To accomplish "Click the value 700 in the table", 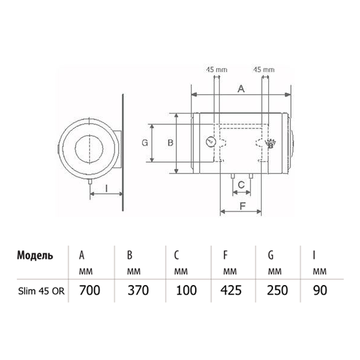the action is (90, 290).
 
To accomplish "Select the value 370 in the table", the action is (138, 290).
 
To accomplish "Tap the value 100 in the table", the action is (186, 290).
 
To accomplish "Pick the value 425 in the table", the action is (231, 290).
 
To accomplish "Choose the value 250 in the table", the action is (277, 290).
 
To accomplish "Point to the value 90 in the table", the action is (320, 290).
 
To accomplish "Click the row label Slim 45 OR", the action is (41, 291).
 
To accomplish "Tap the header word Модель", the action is (35, 256).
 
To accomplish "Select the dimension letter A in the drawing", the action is (241, 89).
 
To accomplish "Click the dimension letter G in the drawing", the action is (145, 143).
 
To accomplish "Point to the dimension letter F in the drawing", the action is (242, 206).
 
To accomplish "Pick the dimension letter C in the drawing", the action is (241, 185).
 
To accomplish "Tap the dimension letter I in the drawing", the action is (106, 189).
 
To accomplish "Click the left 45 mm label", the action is (216, 70).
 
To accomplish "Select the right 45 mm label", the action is (264, 70).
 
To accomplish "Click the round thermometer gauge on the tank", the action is (211, 142).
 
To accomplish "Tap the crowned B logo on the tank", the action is (270, 144).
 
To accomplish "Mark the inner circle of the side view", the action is (89, 149).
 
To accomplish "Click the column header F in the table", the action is (225, 255).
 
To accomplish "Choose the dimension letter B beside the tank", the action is (170, 143).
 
